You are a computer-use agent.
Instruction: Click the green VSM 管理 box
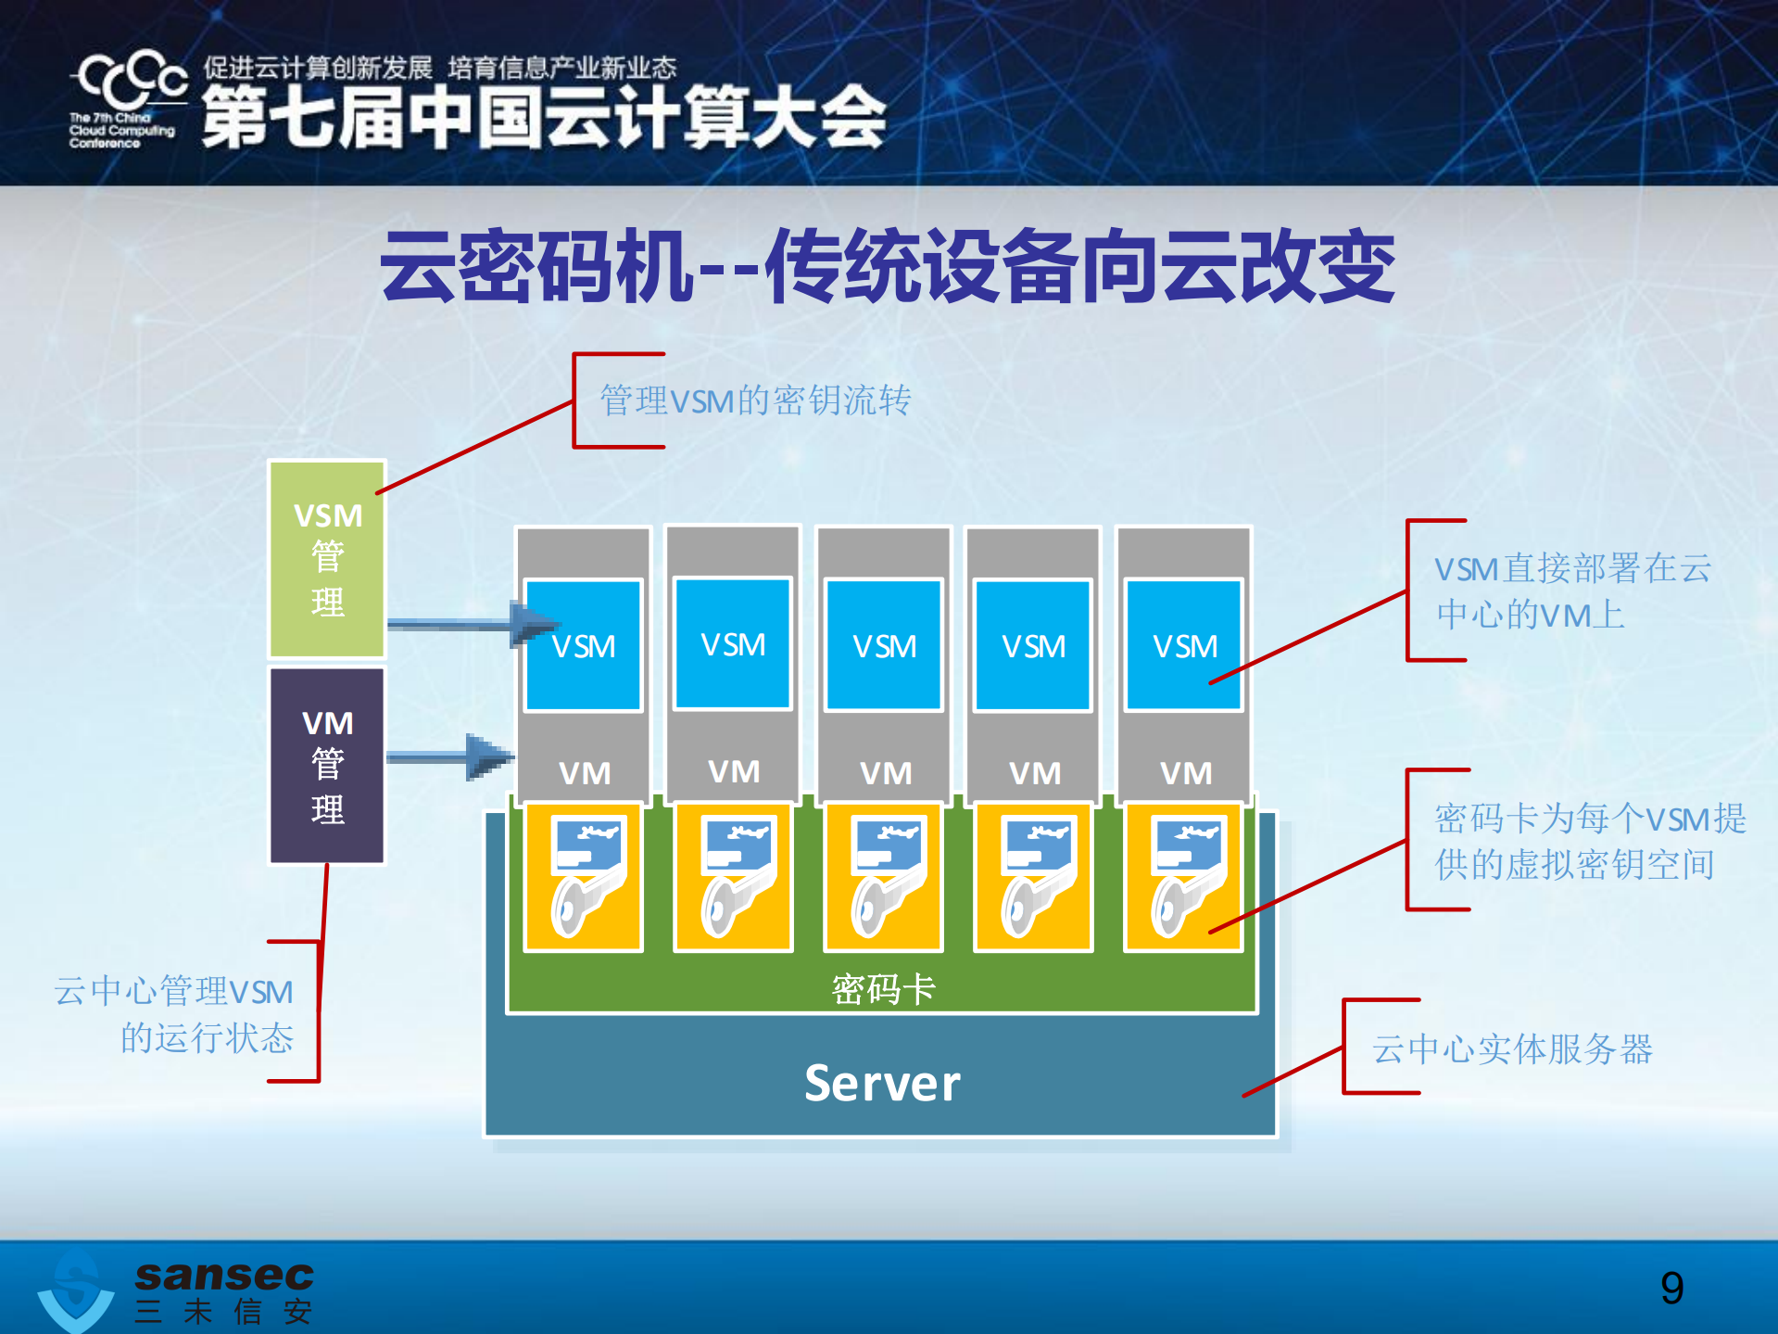coord(326,559)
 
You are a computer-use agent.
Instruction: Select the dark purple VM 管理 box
coord(326,766)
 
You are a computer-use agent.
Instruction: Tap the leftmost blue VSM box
coord(583,645)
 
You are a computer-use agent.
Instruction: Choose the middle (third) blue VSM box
coord(884,645)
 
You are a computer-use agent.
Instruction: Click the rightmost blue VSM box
coord(1183,645)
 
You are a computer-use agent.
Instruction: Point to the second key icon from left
coord(733,877)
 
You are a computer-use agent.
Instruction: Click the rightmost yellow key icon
coord(1183,877)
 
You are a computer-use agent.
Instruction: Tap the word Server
coord(881,1083)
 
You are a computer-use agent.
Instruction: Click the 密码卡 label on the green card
coord(882,989)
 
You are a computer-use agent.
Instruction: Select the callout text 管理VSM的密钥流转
coord(755,400)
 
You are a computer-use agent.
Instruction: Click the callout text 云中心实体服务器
coord(1512,1048)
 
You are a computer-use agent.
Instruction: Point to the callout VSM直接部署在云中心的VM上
coord(1572,591)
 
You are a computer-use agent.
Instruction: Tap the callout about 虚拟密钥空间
coord(1588,841)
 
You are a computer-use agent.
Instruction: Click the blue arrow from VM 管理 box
coord(450,756)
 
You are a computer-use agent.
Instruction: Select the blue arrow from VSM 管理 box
coord(473,623)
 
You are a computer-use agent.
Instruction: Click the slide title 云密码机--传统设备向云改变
coord(887,266)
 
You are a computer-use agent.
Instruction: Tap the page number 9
coord(1671,1287)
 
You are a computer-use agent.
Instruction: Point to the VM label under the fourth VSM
coord(1034,772)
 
